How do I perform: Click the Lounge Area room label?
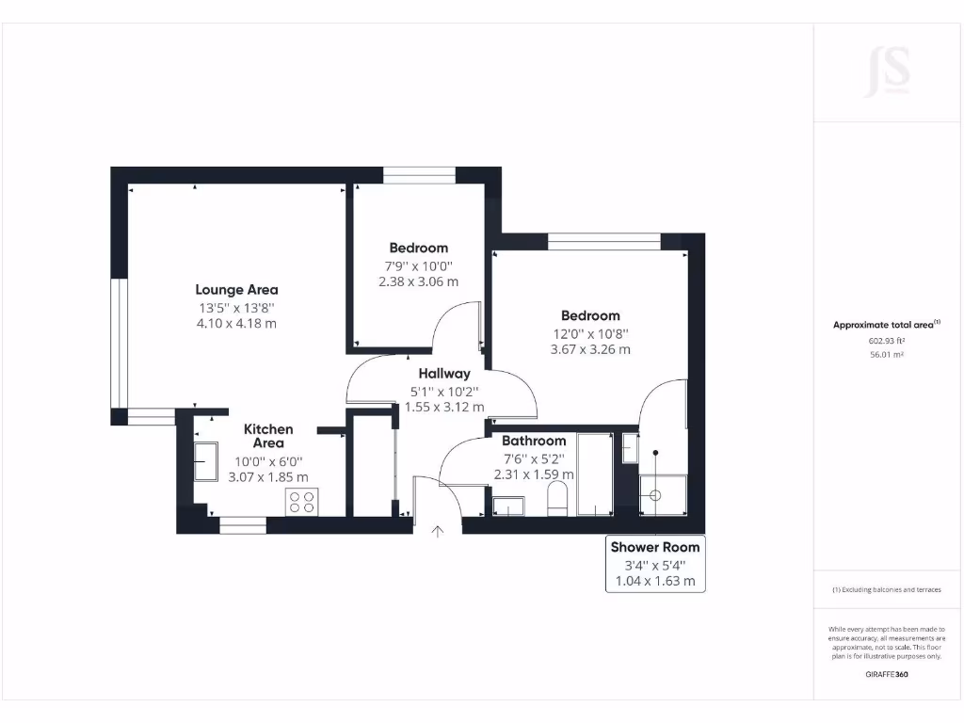pyautogui.click(x=236, y=290)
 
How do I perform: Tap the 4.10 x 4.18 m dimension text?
pyautogui.click(x=236, y=323)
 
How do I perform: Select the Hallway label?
pyautogui.click(x=444, y=374)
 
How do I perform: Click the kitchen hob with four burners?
pyautogui.click(x=302, y=502)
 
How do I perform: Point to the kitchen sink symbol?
pyautogui.click(x=206, y=461)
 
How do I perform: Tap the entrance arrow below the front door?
pyautogui.click(x=438, y=532)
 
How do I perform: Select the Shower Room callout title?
pyautogui.click(x=655, y=547)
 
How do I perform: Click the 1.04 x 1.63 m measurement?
pyautogui.click(x=655, y=581)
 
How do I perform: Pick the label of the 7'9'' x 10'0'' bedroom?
pyautogui.click(x=419, y=249)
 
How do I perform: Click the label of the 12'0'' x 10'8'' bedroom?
pyautogui.click(x=590, y=316)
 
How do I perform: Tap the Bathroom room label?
pyautogui.click(x=534, y=441)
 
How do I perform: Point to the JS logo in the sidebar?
pyautogui.click(x=887, y=72)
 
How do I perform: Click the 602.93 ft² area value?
pyautogui.click(x=886, y=341)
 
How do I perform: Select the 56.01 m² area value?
pyautogui.click(x=886, y=355)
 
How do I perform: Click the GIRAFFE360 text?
pyautogui.click(x=886, y=674)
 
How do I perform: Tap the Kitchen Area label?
pyautogui.click(x=268, y=436)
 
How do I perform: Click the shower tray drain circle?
pyautogui.click(x=655, y=495)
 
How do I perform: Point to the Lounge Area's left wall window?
pyautogui.click(x=119, y=343)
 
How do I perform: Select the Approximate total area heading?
pyautogui.click(x=886, y=325)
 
